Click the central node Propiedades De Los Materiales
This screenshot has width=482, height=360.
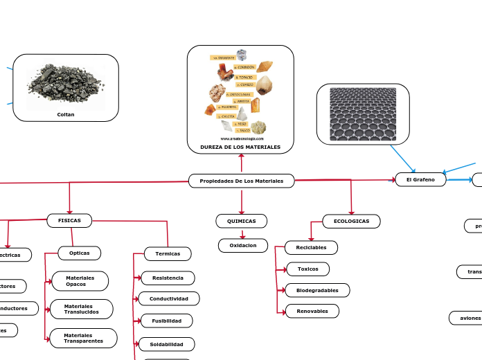point(241,181)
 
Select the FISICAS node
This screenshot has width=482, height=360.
point(69,221)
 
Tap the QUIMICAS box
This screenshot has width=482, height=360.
point(241,222)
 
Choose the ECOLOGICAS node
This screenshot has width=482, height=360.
point(351,222)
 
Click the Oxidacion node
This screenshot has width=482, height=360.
point(243,246)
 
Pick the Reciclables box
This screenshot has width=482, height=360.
point(311,247)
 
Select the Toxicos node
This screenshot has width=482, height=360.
point(307,269)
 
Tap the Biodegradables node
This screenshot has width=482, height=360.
point(317,290)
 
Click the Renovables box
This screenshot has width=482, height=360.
point(312,312)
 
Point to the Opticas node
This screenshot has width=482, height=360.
point(80,253)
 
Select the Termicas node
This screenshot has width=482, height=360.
point(168,254)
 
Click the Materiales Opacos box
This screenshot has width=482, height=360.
point(80,281)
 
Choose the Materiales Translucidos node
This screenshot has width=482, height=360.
point(82,309)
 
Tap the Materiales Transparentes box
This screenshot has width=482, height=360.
point(83,338)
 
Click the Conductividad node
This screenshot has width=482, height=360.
point(169,299)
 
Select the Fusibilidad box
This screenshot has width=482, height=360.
point(167,321)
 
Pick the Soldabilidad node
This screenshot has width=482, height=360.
point(167,344)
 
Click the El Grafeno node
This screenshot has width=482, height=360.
point(420,180)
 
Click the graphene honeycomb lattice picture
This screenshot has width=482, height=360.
point(362,114)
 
